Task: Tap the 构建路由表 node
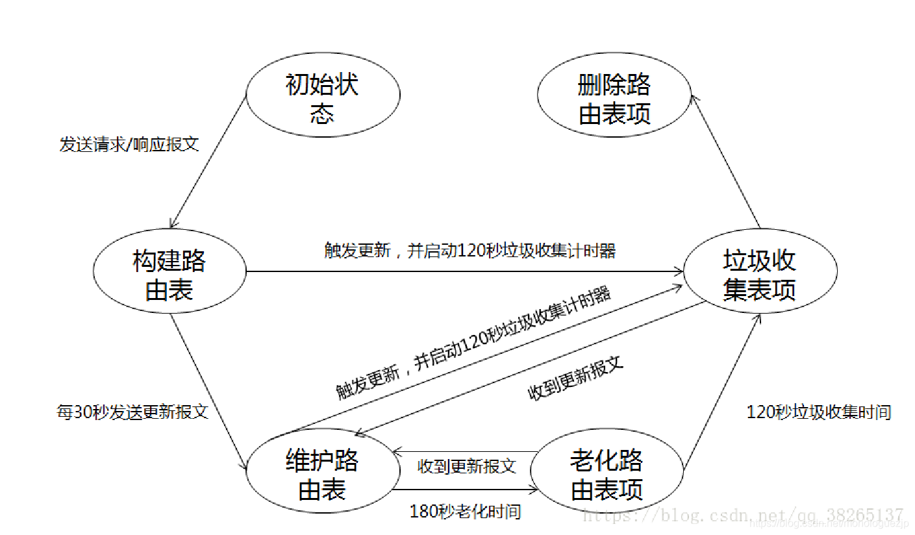pos(169,273)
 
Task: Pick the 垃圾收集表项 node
pos(759,273)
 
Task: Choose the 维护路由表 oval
pos(322,475)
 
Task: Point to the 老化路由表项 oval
pos(607,475)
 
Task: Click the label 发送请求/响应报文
pos(129,145)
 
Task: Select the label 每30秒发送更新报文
pos(132,412)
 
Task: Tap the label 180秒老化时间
pos(465,512)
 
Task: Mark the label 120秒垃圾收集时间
pos(818,412)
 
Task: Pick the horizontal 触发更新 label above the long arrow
pos(470,251)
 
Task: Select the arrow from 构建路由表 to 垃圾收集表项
pos(464,271)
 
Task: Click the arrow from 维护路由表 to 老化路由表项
pos(465,489)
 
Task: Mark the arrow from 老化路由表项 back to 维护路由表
pos(465,451)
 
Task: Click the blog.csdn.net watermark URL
pos(743,516)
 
